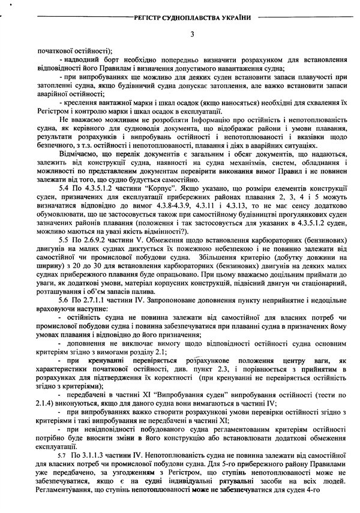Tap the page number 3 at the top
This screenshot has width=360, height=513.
[x=190, y=34]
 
